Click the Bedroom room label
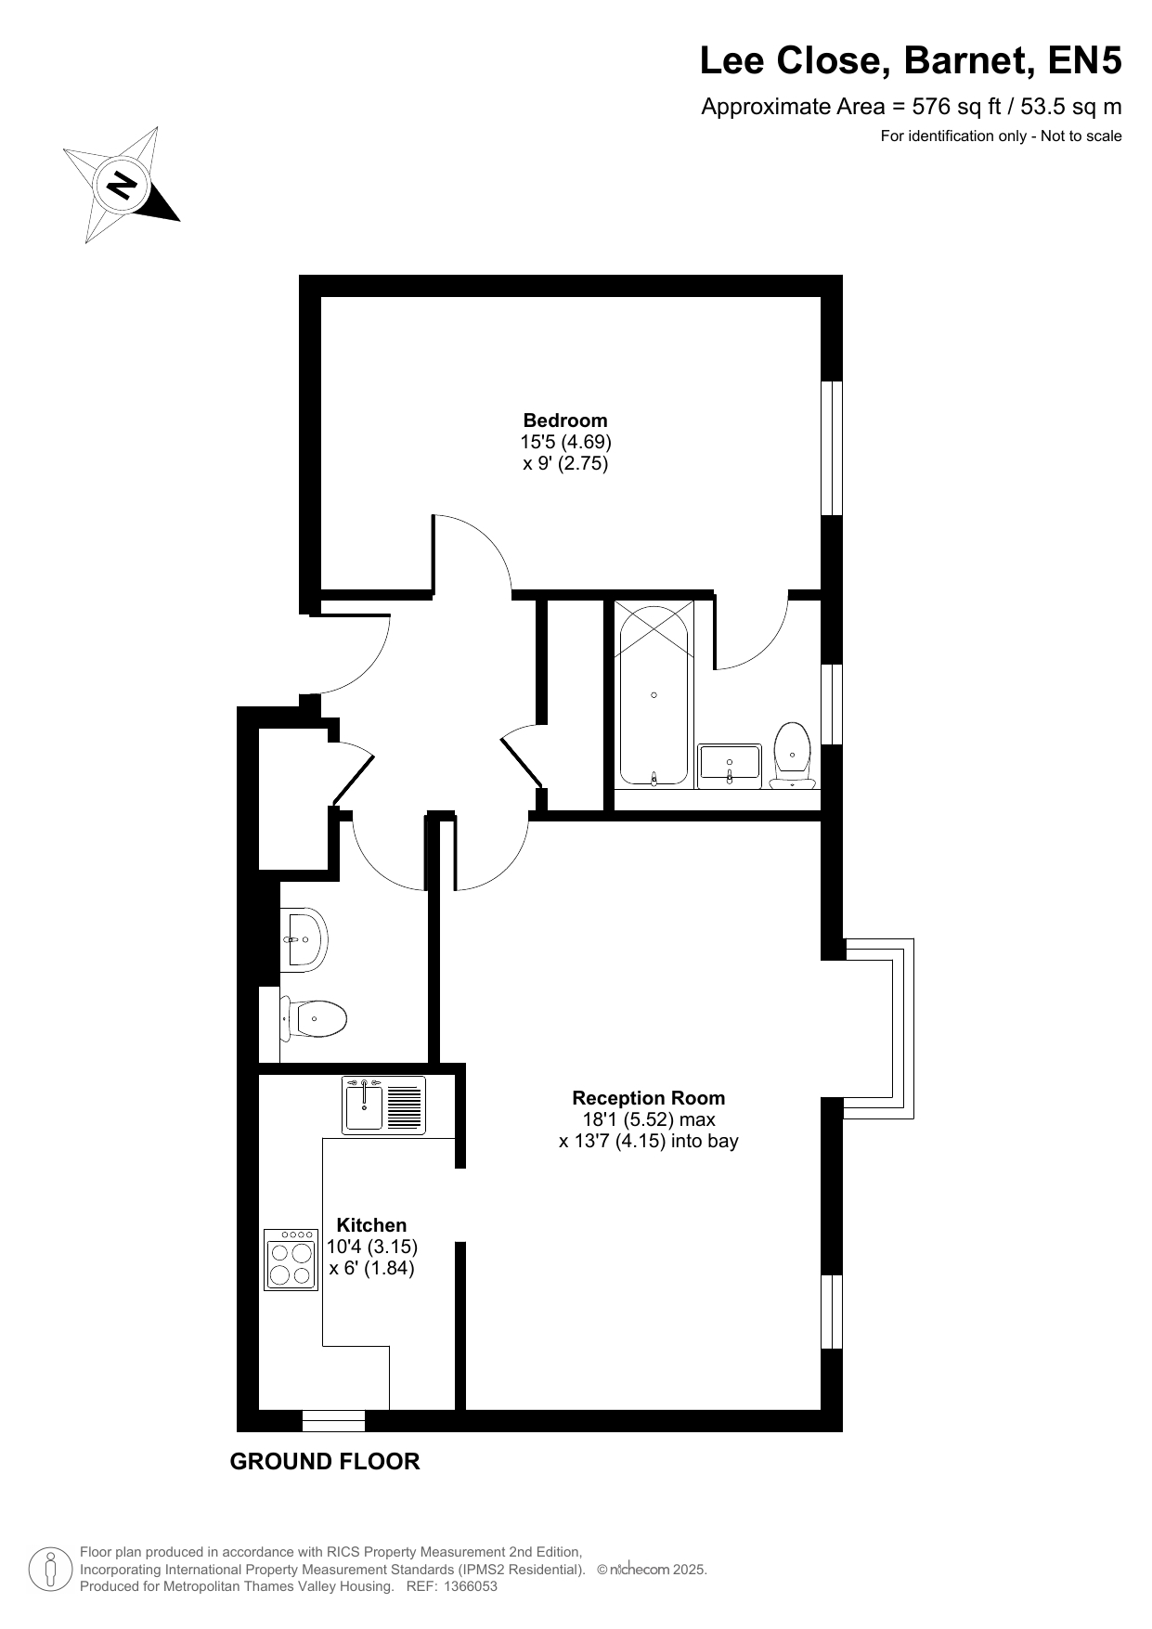tap(565, 420)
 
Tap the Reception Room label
tap(649, 1098)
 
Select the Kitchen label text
tap(371, 1225)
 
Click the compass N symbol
tap(122, 185)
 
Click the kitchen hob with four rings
tap(291, 1260)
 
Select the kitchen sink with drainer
tap(384, 1105)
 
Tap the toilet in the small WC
tap(314, 1019)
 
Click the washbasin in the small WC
tap(304, 939)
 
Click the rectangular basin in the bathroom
tap(730, 766)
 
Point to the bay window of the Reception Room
tap(879, 1028)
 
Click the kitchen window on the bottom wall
tap(334, 1421)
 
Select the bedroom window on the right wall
tap(832, 447)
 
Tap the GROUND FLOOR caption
tap(325, 1462)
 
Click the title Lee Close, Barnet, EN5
tap(911, 61)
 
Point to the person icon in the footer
tap(52, 1569)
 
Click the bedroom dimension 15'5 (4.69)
tap(565, 442)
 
